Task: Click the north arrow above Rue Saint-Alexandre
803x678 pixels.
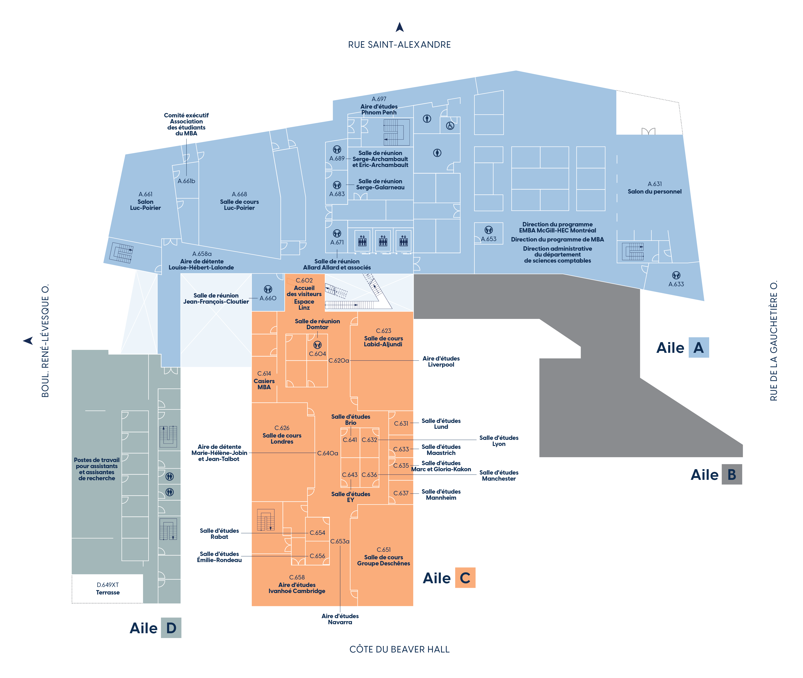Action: point(399,27)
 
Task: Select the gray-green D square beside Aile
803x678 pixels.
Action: point(171,628)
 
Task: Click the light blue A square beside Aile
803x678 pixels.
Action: point(698,347)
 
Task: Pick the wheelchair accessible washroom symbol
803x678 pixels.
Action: point(450,126)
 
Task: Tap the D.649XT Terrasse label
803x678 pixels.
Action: point(108,588)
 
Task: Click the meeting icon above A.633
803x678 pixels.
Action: point(676,275)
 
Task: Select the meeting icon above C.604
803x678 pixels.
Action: point(317,345)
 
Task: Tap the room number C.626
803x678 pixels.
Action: point(282,428)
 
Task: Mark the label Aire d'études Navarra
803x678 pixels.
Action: point(340,619)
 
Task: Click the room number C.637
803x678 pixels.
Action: point(401,493)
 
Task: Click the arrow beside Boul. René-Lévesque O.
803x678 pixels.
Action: point(28,340)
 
